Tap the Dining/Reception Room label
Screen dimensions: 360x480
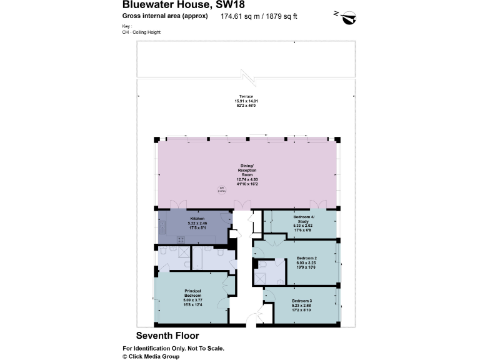247,172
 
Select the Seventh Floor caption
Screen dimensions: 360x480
168,336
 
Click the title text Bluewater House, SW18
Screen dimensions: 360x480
179,6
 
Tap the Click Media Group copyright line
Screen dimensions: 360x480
151,356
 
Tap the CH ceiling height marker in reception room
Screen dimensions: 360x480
221,189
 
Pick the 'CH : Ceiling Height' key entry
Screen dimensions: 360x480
142,31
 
